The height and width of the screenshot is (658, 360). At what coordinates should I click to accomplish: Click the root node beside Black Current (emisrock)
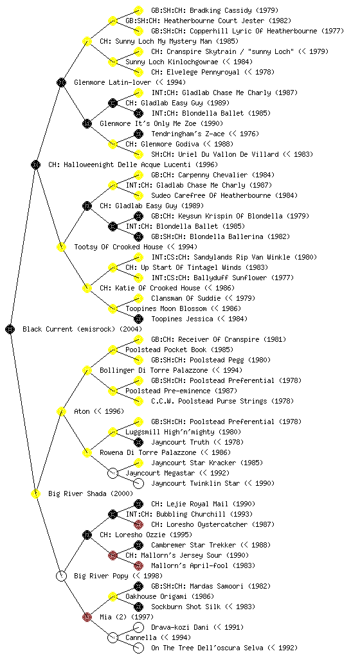10,329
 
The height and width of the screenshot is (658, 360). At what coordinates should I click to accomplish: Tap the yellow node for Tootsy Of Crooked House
61,247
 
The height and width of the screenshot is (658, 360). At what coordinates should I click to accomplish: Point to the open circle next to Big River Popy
61,576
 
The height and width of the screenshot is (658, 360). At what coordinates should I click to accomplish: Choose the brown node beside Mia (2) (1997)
87,617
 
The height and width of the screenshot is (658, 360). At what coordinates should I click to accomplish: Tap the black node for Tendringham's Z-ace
138,134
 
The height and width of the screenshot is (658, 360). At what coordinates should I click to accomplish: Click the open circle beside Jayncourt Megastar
113,473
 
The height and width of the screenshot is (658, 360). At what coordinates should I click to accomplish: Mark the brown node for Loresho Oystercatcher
138,524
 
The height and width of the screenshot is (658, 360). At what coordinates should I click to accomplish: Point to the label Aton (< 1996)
99,411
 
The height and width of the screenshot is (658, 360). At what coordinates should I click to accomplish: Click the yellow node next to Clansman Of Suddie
138,298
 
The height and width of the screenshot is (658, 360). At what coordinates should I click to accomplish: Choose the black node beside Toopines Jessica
138,319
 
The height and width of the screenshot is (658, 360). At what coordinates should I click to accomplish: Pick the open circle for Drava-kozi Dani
138,627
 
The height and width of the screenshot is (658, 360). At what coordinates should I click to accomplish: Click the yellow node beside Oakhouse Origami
113,596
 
